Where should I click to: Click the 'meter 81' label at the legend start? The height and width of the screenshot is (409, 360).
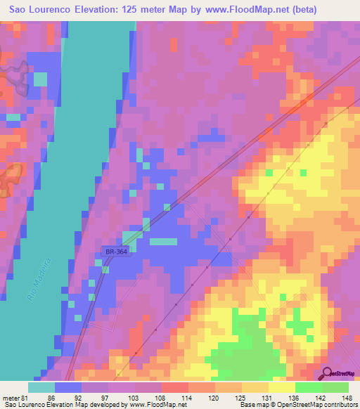(15, 397)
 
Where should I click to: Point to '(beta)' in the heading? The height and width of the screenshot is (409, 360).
(300, 10)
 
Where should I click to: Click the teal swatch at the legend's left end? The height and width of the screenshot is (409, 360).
(41, 387)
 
